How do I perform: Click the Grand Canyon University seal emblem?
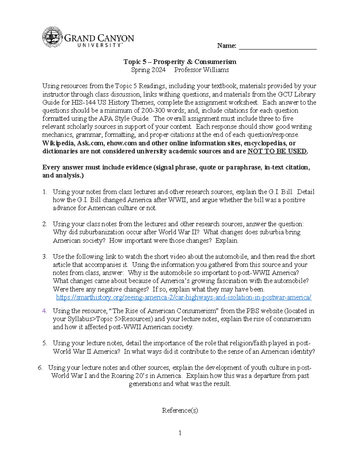click(52, 37)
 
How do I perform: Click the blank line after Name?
click(277, 46)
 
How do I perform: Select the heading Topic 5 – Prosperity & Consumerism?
click(180, 62)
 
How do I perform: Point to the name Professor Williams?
click(201, 70)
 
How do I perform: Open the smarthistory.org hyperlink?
click(184, 297)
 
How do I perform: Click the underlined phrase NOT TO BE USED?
click(277, 151)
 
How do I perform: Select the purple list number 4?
click(44, 311)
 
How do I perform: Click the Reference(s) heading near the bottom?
click(180, 410)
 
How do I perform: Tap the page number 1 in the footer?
click(180, 433)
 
